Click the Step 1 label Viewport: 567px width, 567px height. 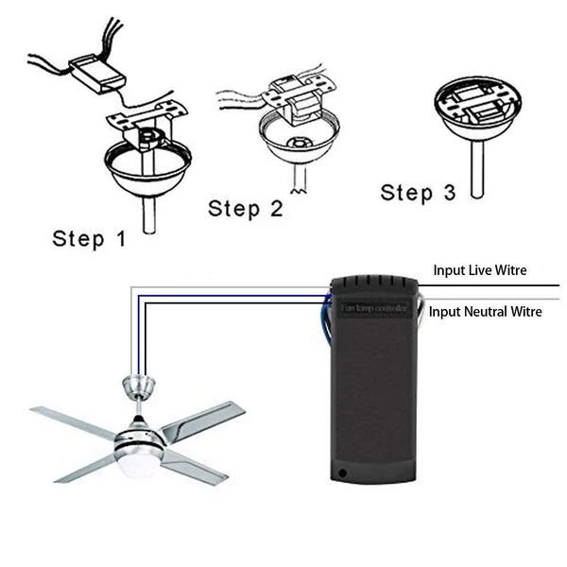pyautogui.click(x=89, y=237)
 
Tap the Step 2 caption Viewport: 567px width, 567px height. pyautogui.click(x=245, y=208)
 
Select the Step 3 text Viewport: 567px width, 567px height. pyautogui.click(x=418, y=193)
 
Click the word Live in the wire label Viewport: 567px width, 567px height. pyautogui.click(x=485, y=270)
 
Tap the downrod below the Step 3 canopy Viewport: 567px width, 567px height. pyautogui.click(x=476, y=167)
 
